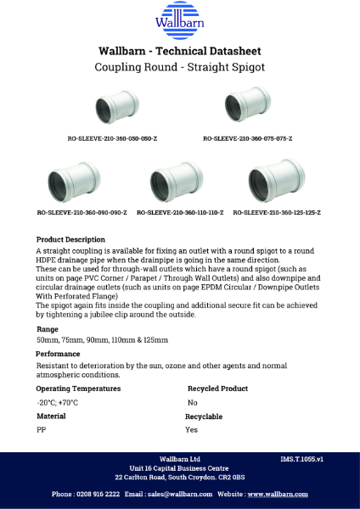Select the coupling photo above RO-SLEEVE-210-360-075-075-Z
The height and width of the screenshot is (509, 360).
247,105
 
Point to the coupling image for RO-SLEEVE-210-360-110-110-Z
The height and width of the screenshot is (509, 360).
177,182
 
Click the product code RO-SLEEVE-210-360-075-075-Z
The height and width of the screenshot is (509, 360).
247,137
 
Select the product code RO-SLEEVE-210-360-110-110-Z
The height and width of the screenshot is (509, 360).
180,211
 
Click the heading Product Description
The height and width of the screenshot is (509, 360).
71,239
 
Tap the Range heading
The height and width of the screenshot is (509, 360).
48,328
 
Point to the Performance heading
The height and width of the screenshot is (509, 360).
59,354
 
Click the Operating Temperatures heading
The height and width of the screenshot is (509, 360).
78,389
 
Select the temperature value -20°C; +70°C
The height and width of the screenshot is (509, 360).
57,402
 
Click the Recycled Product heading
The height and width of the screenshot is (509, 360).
217,389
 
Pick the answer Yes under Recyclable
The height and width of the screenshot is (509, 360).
191,430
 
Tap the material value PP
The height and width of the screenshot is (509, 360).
41,430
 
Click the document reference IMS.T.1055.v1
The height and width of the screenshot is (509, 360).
302,459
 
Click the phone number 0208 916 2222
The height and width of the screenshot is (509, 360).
98,494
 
